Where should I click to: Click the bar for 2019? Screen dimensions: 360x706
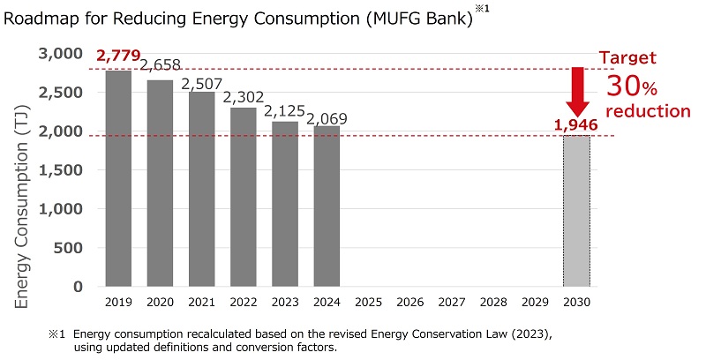tap(118, 178)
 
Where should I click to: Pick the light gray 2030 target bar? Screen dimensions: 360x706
tap(576, 211)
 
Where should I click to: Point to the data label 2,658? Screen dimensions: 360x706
tap(161, 64)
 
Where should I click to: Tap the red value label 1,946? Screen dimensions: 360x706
tap(576, 125)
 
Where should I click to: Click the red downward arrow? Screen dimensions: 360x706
tap(578, 90)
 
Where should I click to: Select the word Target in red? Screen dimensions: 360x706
tap(632, 58)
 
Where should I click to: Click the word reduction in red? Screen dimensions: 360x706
tap(648, 111)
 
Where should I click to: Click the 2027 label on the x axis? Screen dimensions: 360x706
tap(451, 303)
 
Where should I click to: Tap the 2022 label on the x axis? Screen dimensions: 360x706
tap(244, 303)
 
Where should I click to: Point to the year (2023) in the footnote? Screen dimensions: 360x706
tap(509, 335)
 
